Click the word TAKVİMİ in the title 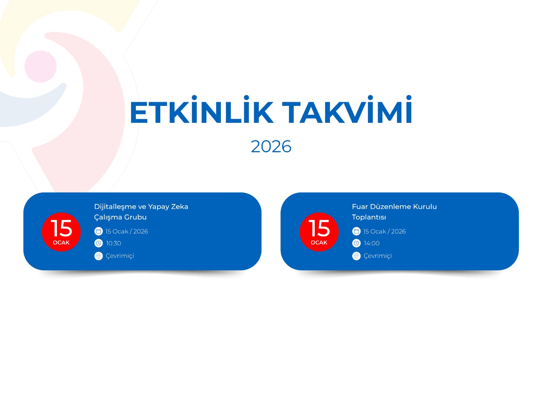click(347, 109)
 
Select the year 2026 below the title click(271, 147)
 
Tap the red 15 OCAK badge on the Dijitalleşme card click(61, 232)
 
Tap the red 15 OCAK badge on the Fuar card click(319, 232)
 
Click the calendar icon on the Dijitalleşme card click(98, 231)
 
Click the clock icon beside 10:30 click(98, 243)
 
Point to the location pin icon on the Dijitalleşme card click(98, 256)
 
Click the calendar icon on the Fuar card click(356, 231)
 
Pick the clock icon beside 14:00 click(356, 243)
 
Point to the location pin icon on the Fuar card click(356, 256)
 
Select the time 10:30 click(113, 243)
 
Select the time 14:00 click(371, 243)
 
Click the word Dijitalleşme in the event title click(115, 207)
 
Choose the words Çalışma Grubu click(120, 217)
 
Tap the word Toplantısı click(369, 217)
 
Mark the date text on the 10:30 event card click(126, 231)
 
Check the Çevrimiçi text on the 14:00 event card click(378, 256)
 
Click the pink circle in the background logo click(40, 66)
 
